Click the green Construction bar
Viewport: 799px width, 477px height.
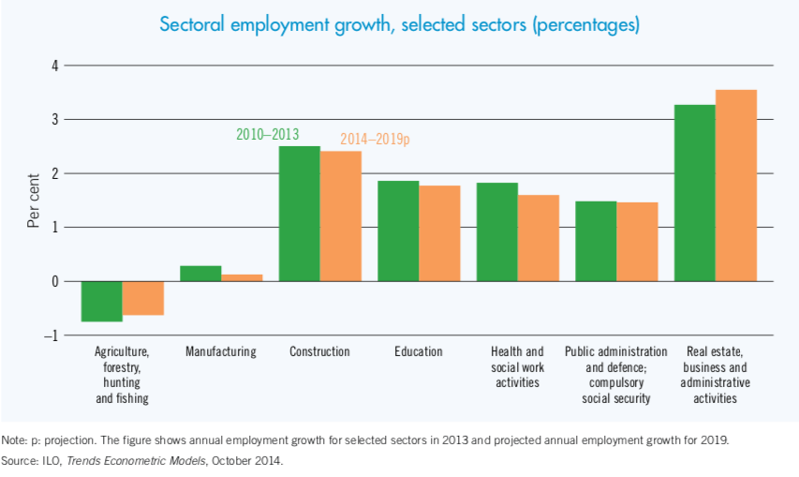tap(299, 214)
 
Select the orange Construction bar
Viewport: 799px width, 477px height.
tap(341, 216)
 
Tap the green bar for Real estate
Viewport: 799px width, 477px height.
tap(694, 193)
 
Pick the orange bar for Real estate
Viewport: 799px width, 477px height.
tap(736, 186)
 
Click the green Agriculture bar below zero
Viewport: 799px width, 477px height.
tap(101, 301)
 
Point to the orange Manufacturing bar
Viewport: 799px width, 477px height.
tap(242, 277)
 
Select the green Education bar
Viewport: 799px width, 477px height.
tap(398, 231)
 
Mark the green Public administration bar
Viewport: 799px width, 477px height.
tap(596, 241)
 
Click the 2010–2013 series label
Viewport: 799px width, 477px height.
tap(267, 135)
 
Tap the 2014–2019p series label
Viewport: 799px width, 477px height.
tap(375, 139)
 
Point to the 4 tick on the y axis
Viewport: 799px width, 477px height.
tap(54, 66)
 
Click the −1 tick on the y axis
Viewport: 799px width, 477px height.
tap(52, 335)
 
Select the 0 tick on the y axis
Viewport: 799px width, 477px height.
tap(54, 281)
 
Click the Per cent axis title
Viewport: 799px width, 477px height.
tap(34, 200)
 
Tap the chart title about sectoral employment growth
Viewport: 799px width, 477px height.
tap(399, 24)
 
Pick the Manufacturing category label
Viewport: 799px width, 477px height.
tap(220, 351)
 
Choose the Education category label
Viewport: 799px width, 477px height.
tap(418, 351)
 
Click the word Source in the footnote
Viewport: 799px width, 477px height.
tap(19, 460)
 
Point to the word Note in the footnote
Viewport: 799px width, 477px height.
tap(15, 440)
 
